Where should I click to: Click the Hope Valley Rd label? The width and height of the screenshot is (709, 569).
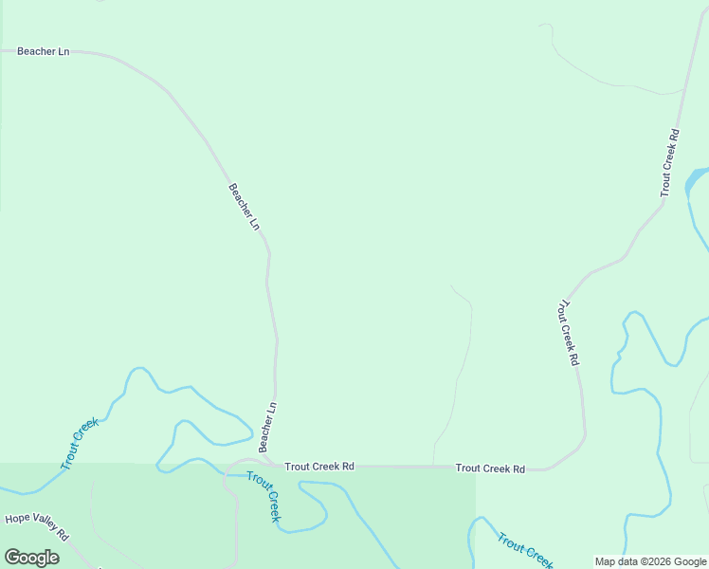[x=37, y=526]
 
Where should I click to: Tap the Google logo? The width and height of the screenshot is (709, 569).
[x=32, y=558]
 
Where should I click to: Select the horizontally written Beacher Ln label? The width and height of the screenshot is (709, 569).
[x=44, y=51]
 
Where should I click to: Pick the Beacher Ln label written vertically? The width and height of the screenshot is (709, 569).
[x=267, y=426]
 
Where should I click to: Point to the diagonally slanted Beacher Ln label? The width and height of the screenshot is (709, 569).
[x=244, y=206]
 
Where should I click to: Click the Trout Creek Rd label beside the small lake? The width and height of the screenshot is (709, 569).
[x=670, y=162]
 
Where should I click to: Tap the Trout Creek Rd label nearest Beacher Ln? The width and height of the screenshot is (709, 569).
[x=319, y=467]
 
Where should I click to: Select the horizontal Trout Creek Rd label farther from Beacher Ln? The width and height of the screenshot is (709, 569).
[x=490, y=468]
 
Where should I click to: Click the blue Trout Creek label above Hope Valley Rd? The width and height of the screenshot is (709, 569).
[x=80, y=445]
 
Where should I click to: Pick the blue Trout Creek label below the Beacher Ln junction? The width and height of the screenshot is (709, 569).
[x=264, y=496]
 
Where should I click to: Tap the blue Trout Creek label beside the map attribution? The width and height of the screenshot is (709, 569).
[x=524, y=550]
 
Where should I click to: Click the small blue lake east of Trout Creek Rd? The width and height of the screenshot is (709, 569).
[x=697, y=177]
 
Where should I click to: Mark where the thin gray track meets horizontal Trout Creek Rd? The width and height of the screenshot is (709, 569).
[x=434, y=467]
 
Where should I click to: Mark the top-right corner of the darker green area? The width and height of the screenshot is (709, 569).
[x=475, y=464]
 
